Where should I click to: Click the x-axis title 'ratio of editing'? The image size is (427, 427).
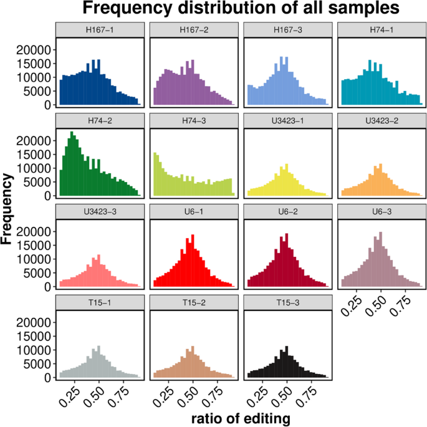240,419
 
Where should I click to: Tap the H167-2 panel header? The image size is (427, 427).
193,30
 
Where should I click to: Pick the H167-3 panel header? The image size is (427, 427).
287,30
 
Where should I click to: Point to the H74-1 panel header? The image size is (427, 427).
381,30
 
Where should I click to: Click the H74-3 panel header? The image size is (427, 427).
193,120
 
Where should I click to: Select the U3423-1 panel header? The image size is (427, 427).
287,120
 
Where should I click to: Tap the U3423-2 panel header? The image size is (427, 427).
381,120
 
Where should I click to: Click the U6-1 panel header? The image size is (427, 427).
193,211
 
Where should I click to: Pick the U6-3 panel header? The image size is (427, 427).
381,211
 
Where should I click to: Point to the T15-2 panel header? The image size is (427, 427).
193,302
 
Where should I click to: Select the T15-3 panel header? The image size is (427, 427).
287,302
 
